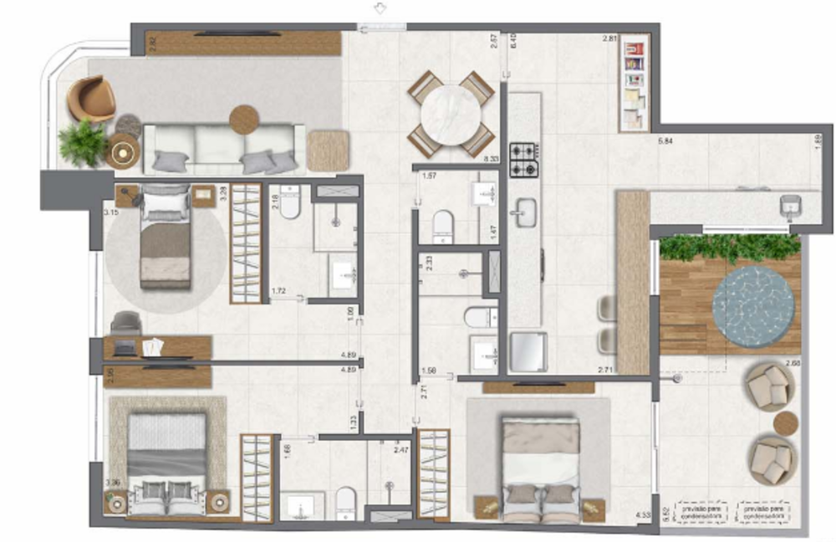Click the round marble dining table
pyautogui.click(x=451, y=115)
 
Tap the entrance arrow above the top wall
pyautogui.click(x=380, y=8)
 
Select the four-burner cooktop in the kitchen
pyautogui.click(x=525, y=160)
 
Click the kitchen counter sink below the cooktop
pyautogui.click(x=526, y=212)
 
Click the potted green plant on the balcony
pyautogui.click(x=82, y=142)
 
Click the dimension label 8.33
pyautogui.click(x=492, y=157)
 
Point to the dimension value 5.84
pyautogui.click(x=666, y=141)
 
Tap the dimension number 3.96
pyautogui.click(x=113, y=483)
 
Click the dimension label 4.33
pyautogui.click(x=643, y=516)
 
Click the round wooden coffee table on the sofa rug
pyautogui.click(x=245, y=120)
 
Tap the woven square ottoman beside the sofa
pyautogui.click(x=327, y=151)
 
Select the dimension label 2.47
pyautogui.click(x=400, y=450)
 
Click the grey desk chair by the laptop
pyautogui.click(x=126, y=323)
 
